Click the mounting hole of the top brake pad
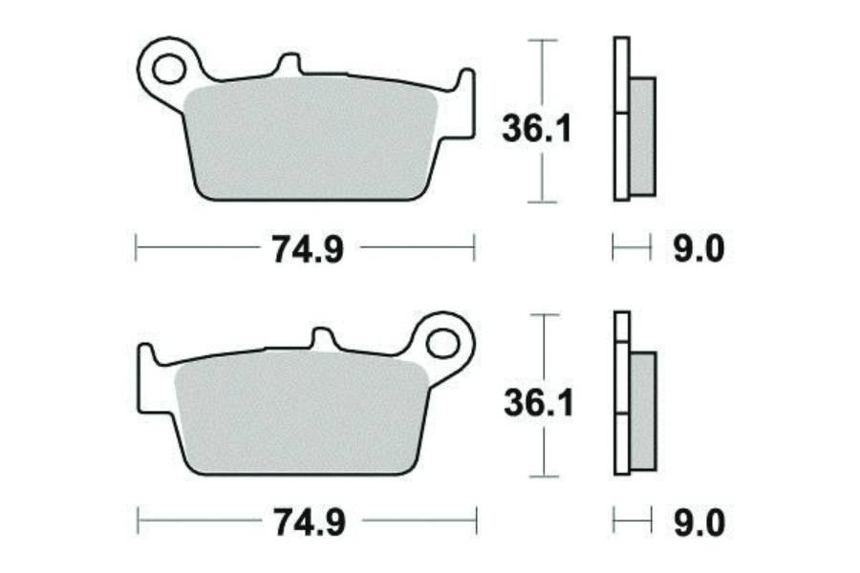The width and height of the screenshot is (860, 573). tap(168, 69)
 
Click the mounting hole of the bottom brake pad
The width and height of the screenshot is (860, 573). tap(442, 344)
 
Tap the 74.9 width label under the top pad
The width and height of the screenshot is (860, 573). tap(309, 249)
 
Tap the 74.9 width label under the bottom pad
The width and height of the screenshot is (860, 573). tap(310, 522)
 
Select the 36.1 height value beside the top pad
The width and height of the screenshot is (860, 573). tap(537, 130)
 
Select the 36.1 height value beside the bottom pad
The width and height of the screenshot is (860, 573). tap(539, 403)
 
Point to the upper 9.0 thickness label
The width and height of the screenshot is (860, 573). tap(699, 249)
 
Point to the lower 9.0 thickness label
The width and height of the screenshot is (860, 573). tap(699, 522)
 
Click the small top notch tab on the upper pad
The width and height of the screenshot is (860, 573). tap(290, 63)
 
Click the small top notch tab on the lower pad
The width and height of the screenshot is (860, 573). tap(323, 338)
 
